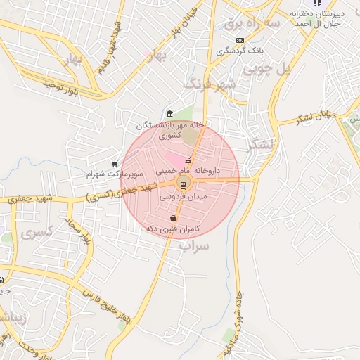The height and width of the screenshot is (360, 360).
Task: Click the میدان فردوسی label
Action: [x=184, y=198]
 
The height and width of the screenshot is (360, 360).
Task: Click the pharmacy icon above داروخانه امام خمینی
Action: [x=188, y=161]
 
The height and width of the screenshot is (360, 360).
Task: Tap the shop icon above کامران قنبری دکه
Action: [x=174, y=219]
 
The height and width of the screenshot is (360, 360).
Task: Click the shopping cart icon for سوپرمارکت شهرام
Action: [x=115, y=163]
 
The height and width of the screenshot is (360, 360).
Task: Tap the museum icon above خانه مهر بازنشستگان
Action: [x=170, y=115]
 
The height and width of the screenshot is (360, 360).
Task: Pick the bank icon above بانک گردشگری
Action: [x=240, y=40]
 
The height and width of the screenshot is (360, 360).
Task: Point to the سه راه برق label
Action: [x=252, y=24]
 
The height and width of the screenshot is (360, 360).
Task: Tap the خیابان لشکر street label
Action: [x=317, y=117]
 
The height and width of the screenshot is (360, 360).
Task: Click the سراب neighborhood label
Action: [x=195, y=246]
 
